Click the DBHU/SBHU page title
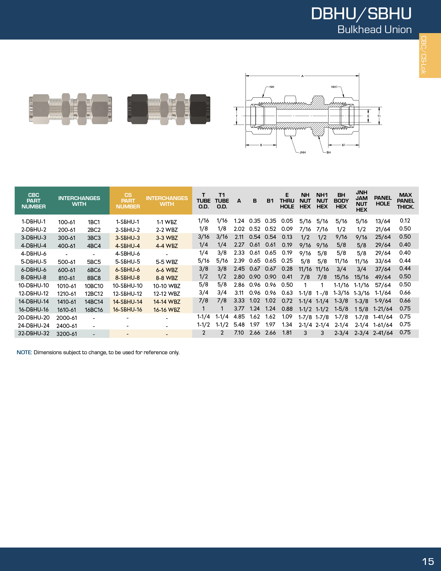(x=361, y=14)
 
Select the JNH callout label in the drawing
(x=302, y=153)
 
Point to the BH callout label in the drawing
(x=328, y=153)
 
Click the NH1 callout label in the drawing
(x=334, y=87)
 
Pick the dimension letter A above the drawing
(x=302, y=76)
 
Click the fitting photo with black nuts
(x=169, y=109)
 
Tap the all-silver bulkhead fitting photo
(x=70, y=109)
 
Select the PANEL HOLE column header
(x=382, y=201)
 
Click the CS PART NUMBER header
(x=128, y=201)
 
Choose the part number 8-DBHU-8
(x=34, y=277)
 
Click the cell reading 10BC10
(x=94, y=286)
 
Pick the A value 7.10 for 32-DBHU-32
(x=239, y=333)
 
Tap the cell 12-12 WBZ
(x=166, y=294)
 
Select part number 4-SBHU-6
(x=128, y=254)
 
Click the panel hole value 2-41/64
(x=382, y=333)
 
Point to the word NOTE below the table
(x=24, y=352)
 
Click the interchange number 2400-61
(x=67, y=326)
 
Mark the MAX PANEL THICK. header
(x=405, y=201)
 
